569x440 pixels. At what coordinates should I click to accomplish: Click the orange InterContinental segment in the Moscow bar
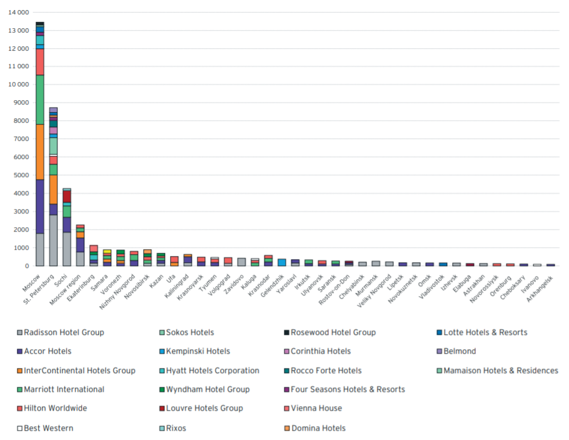point(40,151)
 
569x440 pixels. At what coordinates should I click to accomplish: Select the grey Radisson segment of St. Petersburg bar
point(53,240)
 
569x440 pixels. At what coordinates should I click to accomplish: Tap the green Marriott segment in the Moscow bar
point(40,100)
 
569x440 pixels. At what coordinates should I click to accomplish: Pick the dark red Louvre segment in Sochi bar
point(67,197)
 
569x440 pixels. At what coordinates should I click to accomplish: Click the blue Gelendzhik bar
point(282,262)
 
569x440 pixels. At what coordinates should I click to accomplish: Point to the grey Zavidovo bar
point(241,262)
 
